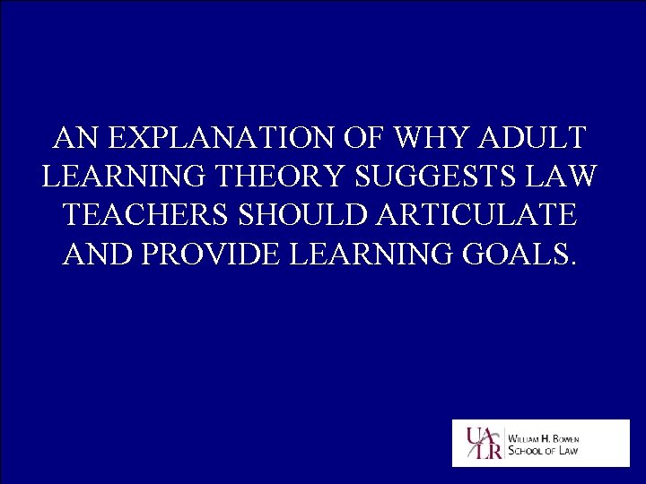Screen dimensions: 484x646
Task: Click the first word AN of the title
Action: coord(73,139)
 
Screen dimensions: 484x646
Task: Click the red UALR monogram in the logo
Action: coord(482,443)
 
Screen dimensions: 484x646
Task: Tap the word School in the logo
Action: coord(528,450)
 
